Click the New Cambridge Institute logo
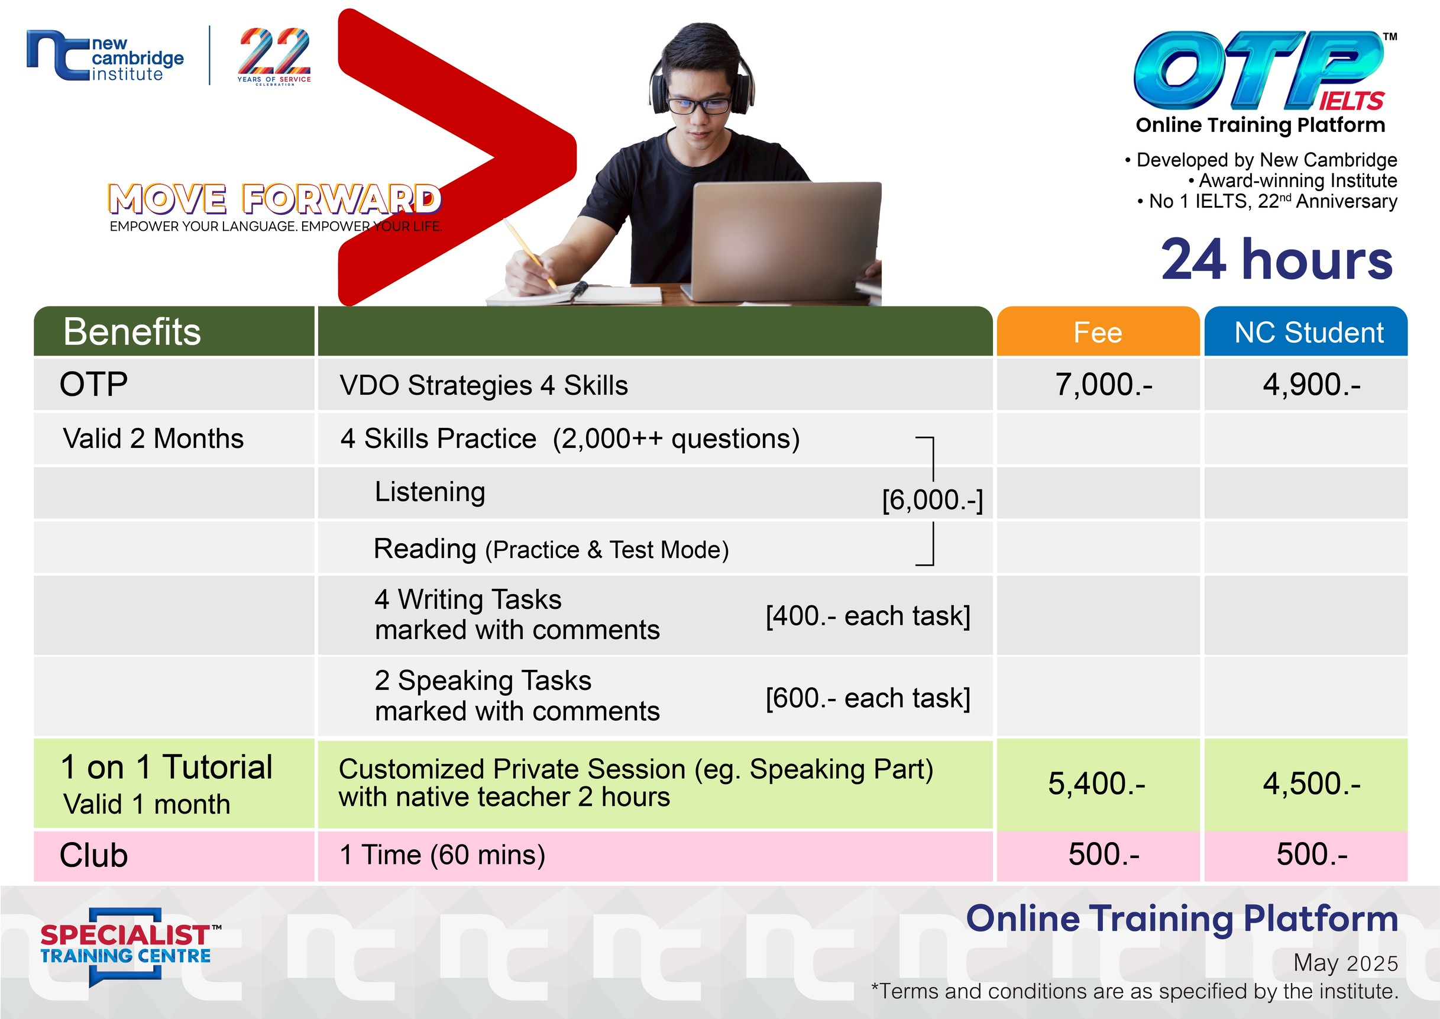pyautogui.click(x=105, y=56)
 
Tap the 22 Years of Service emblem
pyautogui.click(x=274, y=56)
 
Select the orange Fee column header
pyautogui.click(x=1098, y=331)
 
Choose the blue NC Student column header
pyautogui.click(x=1306, y=331)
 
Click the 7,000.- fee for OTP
pyautogui.click(x=1103, y=385)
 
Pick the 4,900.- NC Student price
pyautogui.click(x=1312, y=385)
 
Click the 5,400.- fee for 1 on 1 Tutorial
pyautogui.click(x=1097, y=783)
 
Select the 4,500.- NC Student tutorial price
pyautogui.click(x=1312, y=783)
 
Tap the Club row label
pyautogui.click(x=93, y=855)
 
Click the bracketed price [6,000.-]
pyautogui.click(x=933, y=500)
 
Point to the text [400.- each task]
pyautogui.click(x=868, y=616)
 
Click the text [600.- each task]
pyautogui.click(x=868, y=698)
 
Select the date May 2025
pyautogui.click(x=1346, y=963)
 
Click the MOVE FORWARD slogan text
pyautogui.click(x=275, y=199)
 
